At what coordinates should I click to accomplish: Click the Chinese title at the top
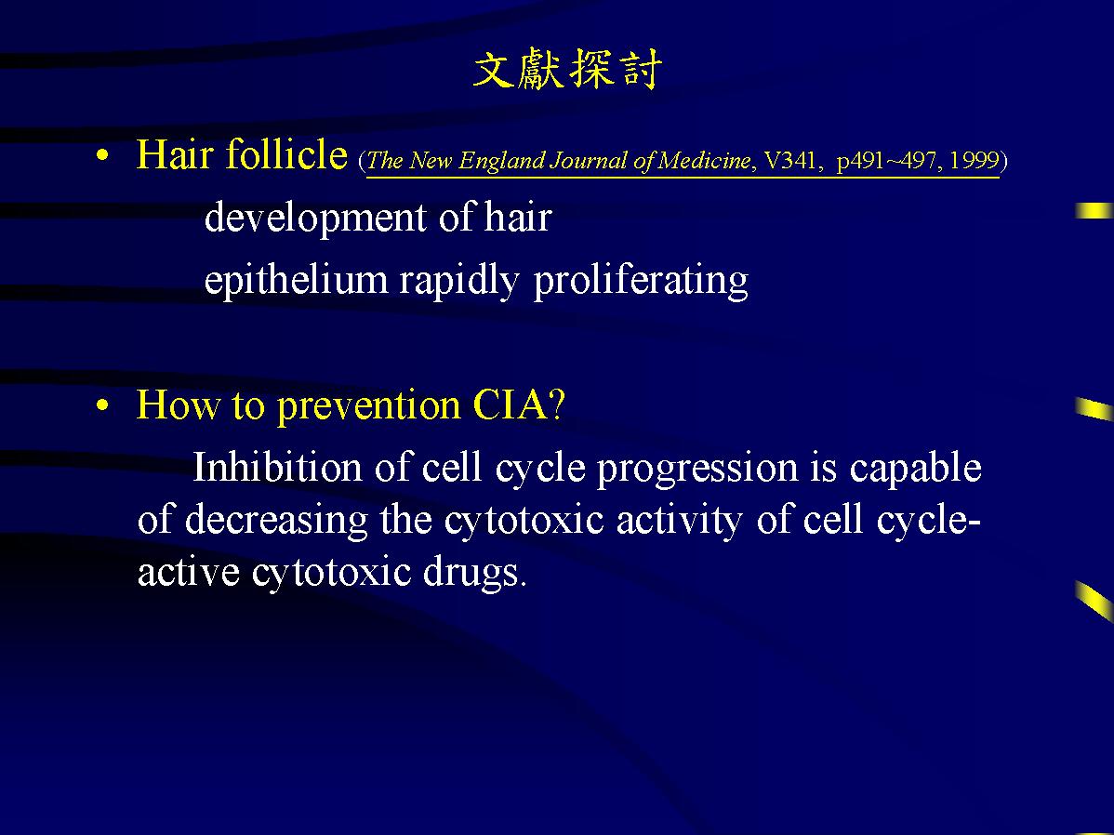click(x=567, y=70)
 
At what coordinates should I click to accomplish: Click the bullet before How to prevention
click(x=103, y=405)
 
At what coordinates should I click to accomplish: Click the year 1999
click(x=974, y=160)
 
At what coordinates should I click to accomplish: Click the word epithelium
click(x=296, y=280)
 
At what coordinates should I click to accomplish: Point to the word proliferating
click(x=641, y=280)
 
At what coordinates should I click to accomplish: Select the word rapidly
click(x=459, y=280)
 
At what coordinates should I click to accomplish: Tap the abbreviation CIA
click(x=511, y=405)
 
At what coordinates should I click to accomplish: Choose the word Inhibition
click(x=277, y=468)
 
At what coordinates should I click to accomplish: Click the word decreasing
click(x=276, y=521)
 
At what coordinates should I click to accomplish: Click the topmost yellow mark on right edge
click(x=1094, y=210)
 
